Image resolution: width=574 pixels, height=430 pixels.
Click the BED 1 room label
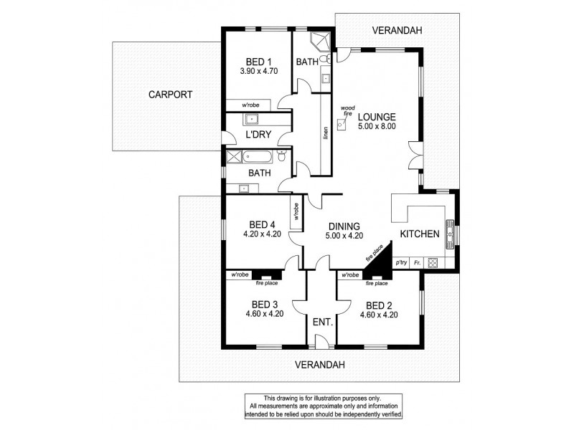pos(253,61)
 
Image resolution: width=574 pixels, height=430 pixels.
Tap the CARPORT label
pos(171,94)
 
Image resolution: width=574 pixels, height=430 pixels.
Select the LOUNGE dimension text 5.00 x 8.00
pos(377,127)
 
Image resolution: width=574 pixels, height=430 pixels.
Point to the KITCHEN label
pos(419,234)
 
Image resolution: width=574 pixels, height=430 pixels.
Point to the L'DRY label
pos(256,135)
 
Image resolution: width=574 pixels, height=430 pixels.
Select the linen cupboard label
pos(326,133)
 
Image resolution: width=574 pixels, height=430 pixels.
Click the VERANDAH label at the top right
pos(397,30)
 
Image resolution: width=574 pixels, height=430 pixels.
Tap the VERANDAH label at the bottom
pos(320,364)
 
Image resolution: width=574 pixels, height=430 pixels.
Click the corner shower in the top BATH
pos(320,39)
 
